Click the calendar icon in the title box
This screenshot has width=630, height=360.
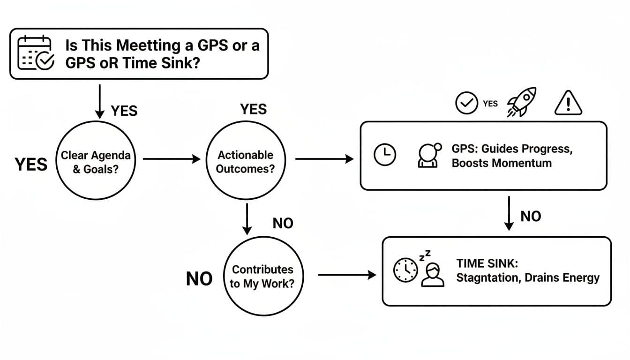coord(36,53)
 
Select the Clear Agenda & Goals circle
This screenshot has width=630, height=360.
coord(96,161)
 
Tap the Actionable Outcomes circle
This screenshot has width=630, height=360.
coord(246,161)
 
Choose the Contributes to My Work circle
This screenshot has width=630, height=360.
coord(262,276)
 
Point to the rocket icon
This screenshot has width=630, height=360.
coord(521,102)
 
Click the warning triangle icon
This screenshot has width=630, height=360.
coord(568,102)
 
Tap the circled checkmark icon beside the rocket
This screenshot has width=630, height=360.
coord(466,103)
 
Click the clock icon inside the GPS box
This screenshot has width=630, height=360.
coord(384,155)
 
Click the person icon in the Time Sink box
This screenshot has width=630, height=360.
coord(432,274)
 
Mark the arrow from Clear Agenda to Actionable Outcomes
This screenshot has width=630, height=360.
coord(172,159)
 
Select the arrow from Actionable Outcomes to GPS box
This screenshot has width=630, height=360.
coord(324,159)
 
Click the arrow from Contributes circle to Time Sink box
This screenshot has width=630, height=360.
coord(347,275)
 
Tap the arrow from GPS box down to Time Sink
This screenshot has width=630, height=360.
coord(508,214)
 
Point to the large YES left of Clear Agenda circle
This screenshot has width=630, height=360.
coord(31,165)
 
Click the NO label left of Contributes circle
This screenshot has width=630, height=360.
coord(199,279)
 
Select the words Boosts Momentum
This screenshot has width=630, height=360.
coord(502,163)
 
